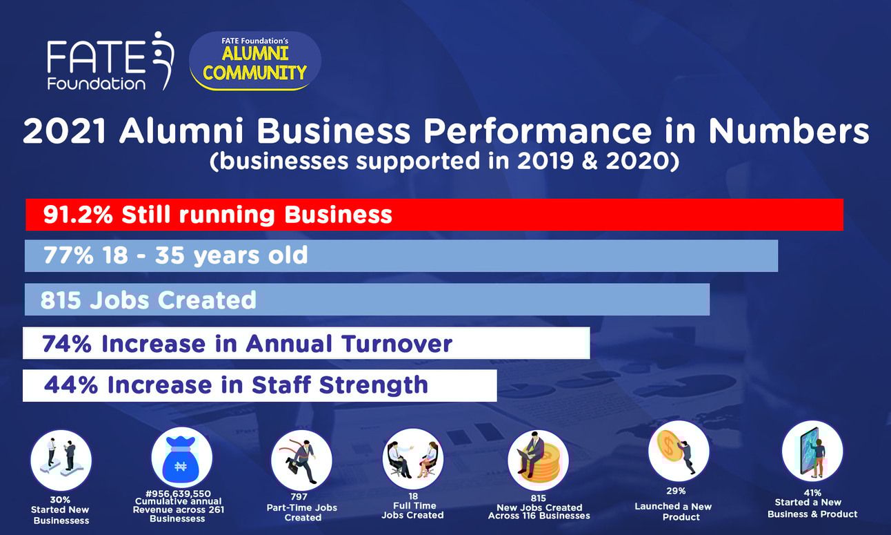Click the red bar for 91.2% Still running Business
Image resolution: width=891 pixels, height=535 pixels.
(434, 215)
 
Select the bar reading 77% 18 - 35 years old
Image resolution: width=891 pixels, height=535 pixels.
(401, 256)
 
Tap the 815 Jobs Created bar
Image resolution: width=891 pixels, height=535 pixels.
(367, 300)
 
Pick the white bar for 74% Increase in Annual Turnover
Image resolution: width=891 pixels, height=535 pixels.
(306, 343)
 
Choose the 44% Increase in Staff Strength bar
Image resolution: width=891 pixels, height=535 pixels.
(260, 385)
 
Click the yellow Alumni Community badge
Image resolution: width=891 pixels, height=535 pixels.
(255, 61)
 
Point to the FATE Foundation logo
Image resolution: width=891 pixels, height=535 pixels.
(110, 61)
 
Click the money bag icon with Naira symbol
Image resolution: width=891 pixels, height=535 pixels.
(181, 458)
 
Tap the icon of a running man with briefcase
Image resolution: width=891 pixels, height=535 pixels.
(301, 460)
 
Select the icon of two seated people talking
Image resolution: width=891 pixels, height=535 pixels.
(413, 459)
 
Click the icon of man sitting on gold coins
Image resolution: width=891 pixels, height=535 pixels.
(538, 460)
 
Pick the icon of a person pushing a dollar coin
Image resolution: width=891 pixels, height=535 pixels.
(679, 451)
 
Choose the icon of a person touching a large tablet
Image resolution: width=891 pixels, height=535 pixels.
(812, 451)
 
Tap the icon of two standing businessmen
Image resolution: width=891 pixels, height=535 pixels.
(61, 460)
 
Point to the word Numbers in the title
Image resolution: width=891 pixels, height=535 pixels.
(789, 131)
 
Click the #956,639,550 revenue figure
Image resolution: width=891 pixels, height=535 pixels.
(178, 494)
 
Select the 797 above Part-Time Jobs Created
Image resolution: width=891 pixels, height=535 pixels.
(299, 497)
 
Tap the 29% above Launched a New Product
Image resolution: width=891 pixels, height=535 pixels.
(676, 491)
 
